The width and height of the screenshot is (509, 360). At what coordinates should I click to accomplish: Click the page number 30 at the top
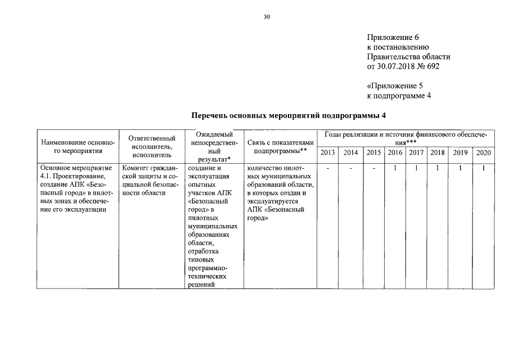tap(267, 17)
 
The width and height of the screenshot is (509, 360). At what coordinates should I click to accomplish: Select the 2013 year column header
tap(328, 152)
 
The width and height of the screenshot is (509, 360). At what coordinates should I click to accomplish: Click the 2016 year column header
tap(395, 152)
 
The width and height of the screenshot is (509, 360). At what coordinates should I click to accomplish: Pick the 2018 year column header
tap(437, 152)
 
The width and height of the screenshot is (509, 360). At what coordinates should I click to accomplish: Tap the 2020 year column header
tap(483, 152)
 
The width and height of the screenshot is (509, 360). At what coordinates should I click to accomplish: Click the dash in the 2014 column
tap(350, 168)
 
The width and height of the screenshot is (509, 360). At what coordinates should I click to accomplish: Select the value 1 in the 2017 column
tap(416, 168)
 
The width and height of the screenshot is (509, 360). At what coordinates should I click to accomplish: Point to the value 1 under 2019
tap(460, 168)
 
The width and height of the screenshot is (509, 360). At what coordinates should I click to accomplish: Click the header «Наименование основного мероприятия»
tap(79, 147)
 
